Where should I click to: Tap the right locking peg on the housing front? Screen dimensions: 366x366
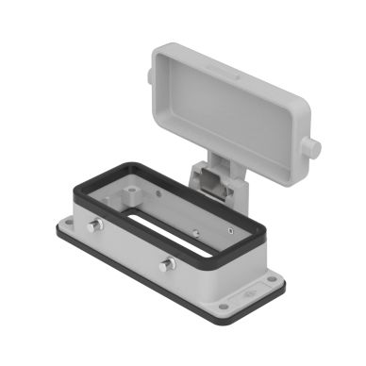166,264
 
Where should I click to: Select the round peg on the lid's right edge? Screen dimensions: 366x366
312,148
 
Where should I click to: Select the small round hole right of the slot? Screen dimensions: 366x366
195,229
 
